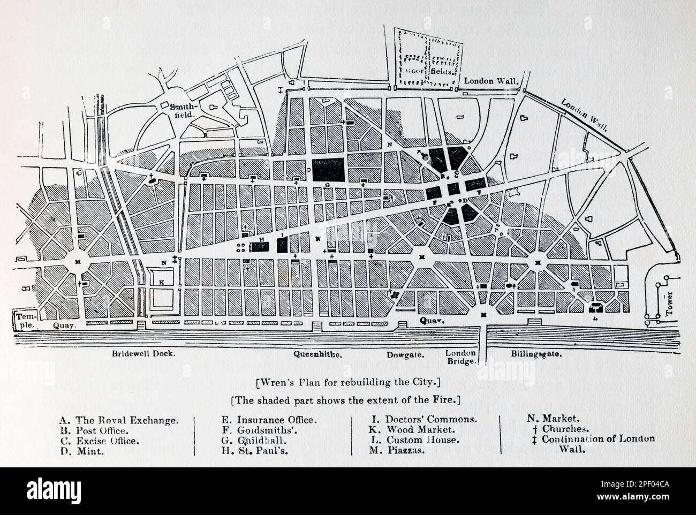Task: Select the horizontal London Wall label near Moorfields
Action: point(492,81)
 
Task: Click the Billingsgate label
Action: point(533,354)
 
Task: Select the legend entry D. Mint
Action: point(81,451)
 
